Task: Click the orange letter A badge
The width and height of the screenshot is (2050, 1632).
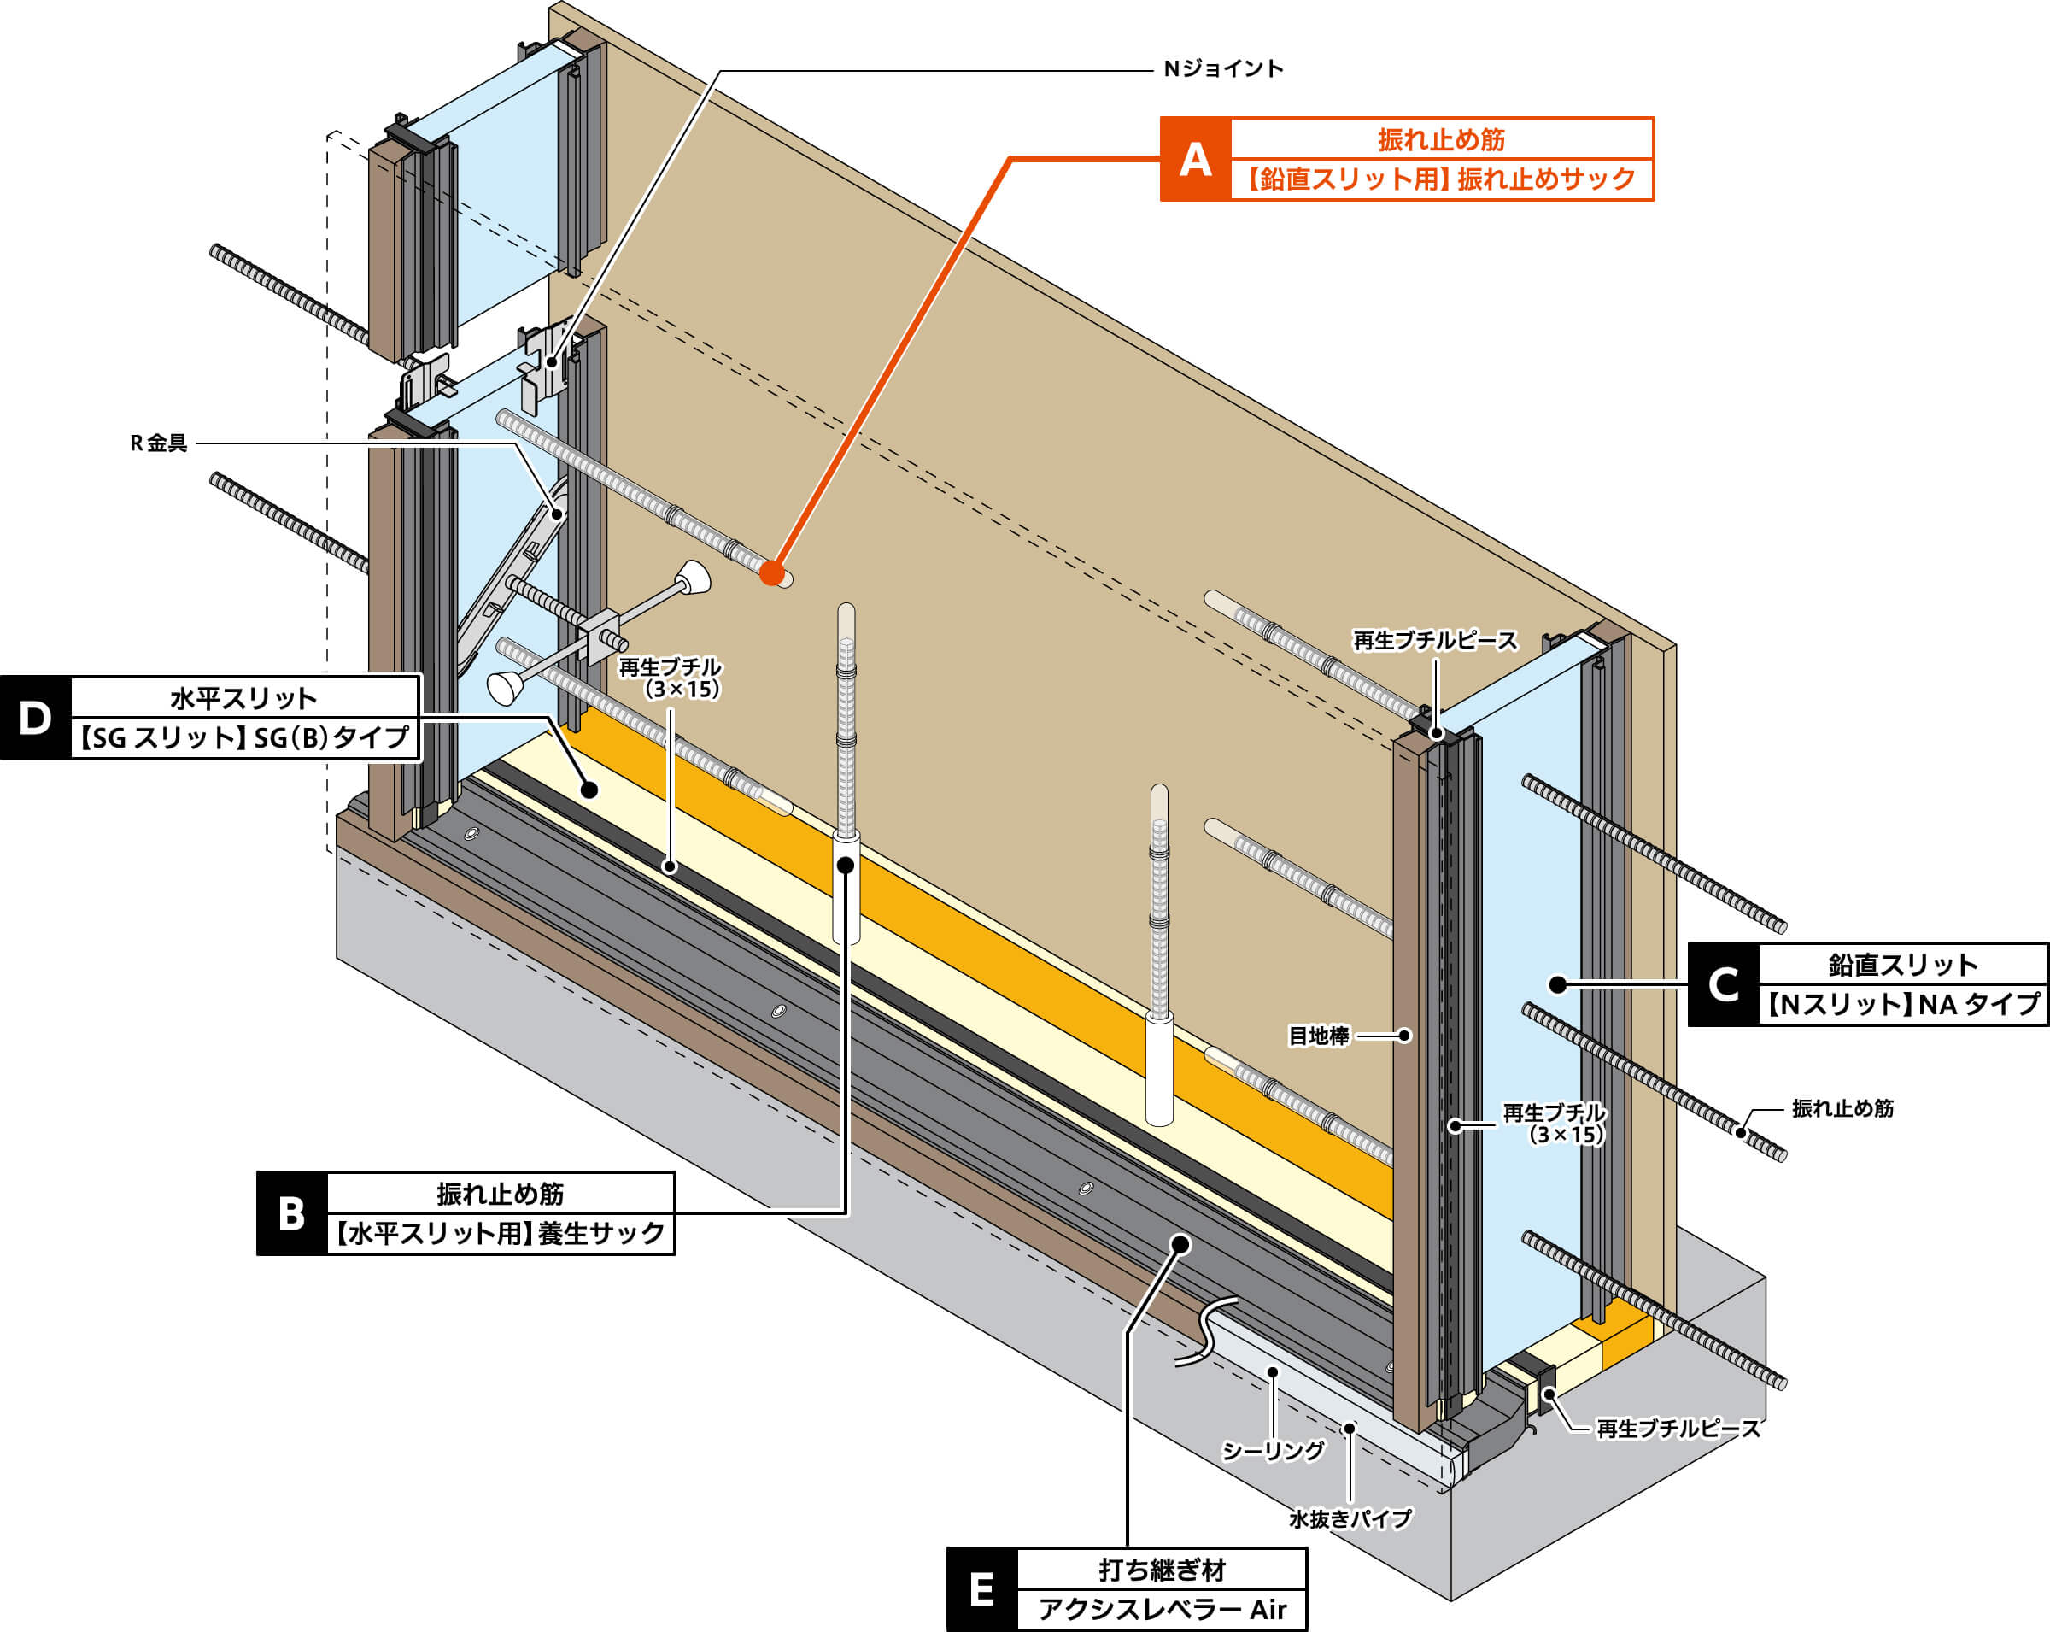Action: coord(1195,159)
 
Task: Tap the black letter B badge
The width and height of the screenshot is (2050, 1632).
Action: coord(292,1213)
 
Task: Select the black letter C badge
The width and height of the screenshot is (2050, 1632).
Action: coord(1723,984)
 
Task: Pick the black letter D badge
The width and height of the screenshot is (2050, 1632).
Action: coord(35,718)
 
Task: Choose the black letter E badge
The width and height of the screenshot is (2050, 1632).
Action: coord(981,1589)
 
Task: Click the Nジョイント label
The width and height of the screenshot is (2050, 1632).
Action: coord(1223,68)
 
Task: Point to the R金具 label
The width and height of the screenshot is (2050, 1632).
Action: coord(159,443)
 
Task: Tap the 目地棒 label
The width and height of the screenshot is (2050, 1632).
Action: coord(1318,1036)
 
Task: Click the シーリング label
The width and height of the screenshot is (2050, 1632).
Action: coord(1272,1450)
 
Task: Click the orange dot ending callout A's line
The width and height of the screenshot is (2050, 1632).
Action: coord(772,573)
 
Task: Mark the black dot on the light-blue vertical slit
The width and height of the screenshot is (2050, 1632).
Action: coord(1557,984)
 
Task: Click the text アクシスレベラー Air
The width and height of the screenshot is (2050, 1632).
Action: coord(1162,1609)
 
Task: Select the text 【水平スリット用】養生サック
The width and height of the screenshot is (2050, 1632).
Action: coord(501,1234)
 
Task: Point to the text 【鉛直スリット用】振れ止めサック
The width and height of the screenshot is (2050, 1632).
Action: coord(1442,179)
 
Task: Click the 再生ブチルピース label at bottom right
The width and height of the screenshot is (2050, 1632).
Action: coord(1678,1429)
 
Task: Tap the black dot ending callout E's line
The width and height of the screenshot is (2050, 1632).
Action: coord(1180,1244)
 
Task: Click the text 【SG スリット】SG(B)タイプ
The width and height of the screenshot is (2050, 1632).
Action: coord(244,738)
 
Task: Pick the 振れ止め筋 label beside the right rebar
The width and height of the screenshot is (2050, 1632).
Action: coord(1842,1108)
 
